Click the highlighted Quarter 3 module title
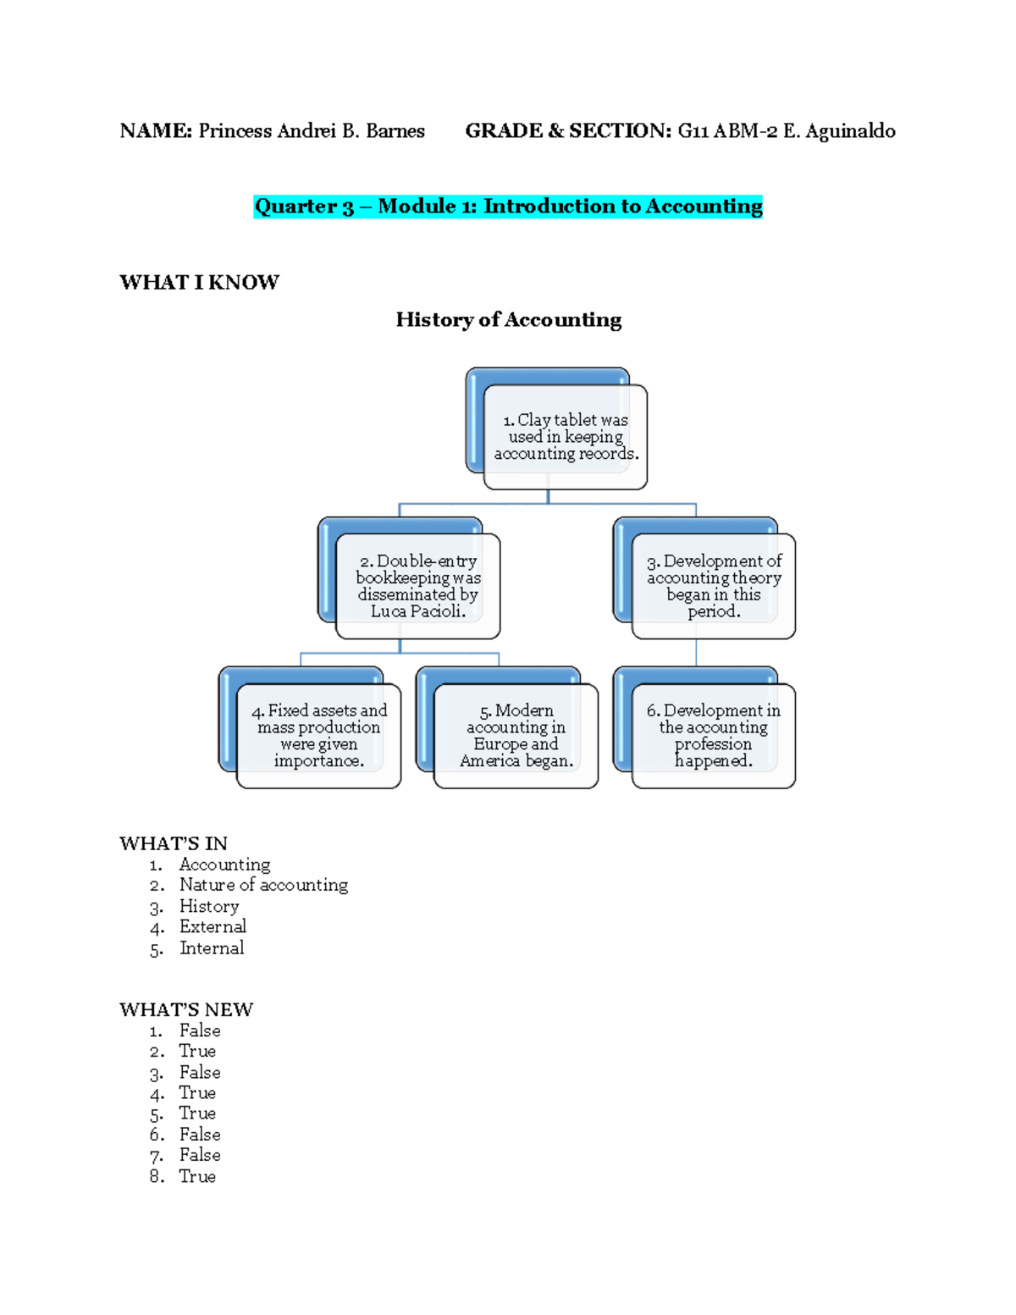508,207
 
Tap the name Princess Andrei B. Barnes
312,131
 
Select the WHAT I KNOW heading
199,283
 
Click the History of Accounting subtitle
508,320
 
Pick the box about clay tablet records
566,437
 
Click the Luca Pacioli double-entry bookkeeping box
418,586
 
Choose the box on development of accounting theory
714,586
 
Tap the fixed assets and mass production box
319,736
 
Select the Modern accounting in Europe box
516,736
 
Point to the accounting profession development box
714,736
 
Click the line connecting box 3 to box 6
696,653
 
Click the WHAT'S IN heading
174,843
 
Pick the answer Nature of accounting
263,885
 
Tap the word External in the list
213,927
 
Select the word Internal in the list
212,948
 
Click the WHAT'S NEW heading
186,1009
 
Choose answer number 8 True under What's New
197,1176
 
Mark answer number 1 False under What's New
200,1030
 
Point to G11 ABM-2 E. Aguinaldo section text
786,131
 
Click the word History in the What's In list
209,906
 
